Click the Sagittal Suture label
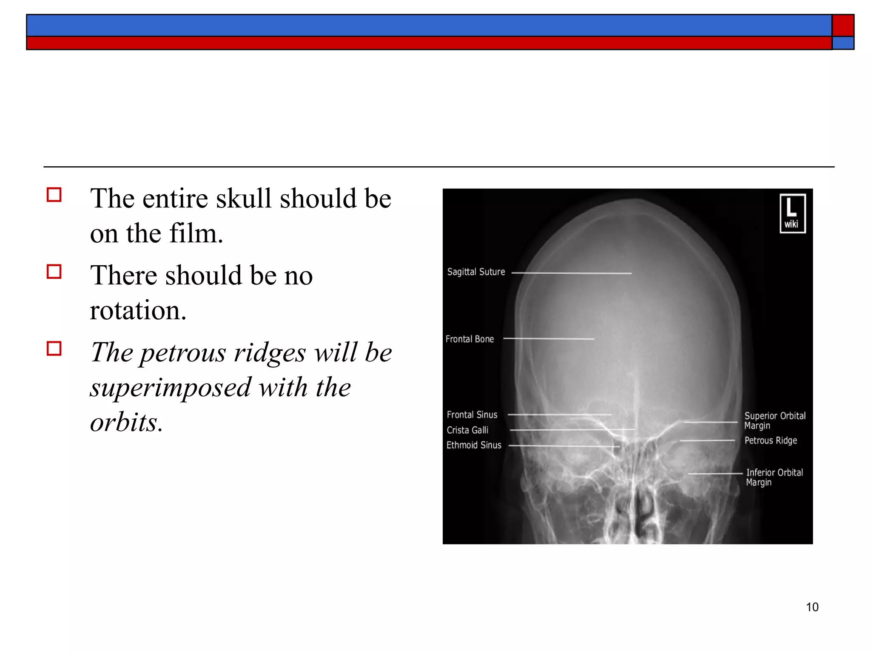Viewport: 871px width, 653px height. [x=476, y=272]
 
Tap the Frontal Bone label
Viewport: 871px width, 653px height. [x=470, y=339]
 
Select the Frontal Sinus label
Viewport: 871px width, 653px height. [x=472, y=415]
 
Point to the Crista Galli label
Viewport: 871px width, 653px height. [x=467, y=430]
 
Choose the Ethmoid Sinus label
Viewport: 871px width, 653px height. [x=474, y=445]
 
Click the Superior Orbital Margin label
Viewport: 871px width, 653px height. [x=774, y=420]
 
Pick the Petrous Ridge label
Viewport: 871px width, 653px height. [x=771, y=440]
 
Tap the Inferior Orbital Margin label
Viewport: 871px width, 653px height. [x=774, y=477]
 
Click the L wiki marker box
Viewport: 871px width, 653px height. [x=792, y=213]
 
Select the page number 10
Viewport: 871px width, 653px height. [x=812, y=607]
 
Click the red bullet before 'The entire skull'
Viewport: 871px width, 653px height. [x=54, y=195]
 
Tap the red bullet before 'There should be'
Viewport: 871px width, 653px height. [x=54, y=271]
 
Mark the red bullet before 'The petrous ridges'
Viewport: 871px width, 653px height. [x=54, y=349]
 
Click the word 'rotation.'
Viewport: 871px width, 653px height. [x=138, y=310]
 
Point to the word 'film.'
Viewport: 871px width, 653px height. [x=196, y=233]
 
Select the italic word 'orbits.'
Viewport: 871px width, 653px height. [x=126, y=422]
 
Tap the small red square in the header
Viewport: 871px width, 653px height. [x=843, y=25]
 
